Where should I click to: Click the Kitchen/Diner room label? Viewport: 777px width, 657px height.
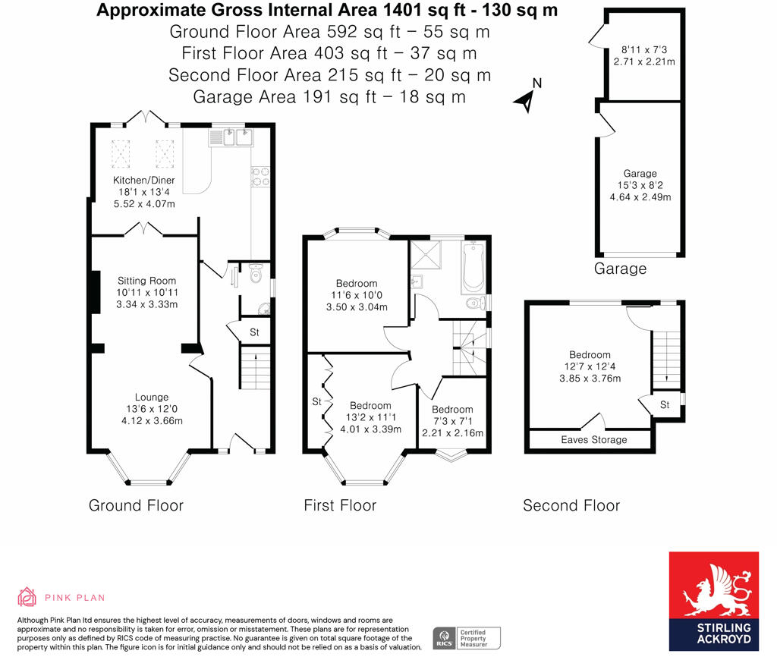pyautogui.click(x=144, y=181)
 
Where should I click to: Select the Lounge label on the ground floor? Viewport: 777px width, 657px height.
pyautogui.click(x=152, y=397)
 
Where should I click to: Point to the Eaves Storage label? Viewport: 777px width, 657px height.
pyautogui.click(x=594, y=439)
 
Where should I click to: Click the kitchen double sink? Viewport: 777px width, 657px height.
pyautogui.click(x=234, y=137)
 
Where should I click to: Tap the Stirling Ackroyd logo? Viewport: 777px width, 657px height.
pyautogui.click(x=713, y=601)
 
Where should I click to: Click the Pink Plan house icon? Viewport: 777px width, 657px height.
pyautogui.click(x=27, y=597)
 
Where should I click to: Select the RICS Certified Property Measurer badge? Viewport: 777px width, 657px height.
pyautogui.click(x=467, y=637)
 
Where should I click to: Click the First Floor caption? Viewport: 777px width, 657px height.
pyautogui.click(x=340, y=505)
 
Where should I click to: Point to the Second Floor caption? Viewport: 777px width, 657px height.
pyautogui.click(x=571, y=505)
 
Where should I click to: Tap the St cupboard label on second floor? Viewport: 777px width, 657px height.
pyautogui.click(x=665, y=405)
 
